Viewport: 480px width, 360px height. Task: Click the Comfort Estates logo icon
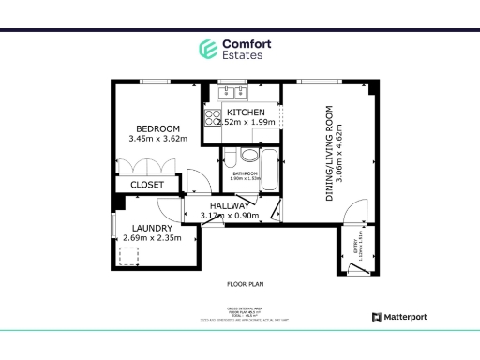(x=207, y=49)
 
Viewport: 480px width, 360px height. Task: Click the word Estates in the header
(x=242, y=55)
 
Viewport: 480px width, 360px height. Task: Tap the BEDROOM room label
(x=157, y=128)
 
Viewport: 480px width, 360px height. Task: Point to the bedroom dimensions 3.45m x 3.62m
(x=157, y=139)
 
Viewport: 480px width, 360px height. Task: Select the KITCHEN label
(x=246, y=112)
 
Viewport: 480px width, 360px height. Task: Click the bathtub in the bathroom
(x=269, y=170)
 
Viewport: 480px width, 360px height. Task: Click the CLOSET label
(x=147, y=185)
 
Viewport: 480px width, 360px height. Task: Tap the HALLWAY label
(x=229, y=206)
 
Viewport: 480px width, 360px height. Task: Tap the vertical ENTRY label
(x=355, y=248)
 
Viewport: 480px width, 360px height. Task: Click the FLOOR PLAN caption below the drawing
(x=244, y=283)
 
